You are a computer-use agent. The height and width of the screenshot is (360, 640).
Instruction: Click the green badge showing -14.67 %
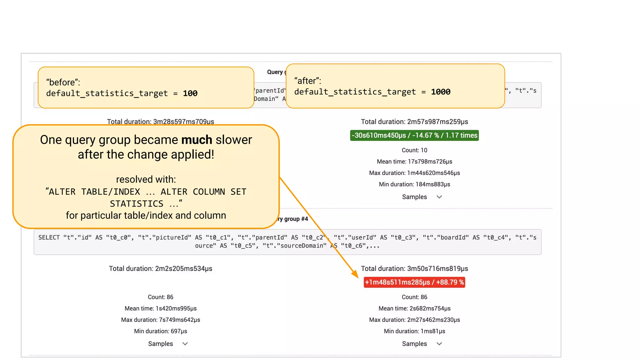(x=414, y=135)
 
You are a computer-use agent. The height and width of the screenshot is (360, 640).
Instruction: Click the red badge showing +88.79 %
(x=414, y=282)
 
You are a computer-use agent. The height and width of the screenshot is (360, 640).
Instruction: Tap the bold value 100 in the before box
(x=190, y=93)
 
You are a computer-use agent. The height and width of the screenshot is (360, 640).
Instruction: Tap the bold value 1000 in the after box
(x=441, y=92)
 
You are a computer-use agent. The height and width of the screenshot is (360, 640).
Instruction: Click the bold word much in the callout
(x=197, y=140)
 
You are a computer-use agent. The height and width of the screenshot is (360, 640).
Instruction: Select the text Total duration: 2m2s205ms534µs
(x=160, y=268)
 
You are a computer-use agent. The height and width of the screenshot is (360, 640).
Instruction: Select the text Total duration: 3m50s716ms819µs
(x=414, y=268)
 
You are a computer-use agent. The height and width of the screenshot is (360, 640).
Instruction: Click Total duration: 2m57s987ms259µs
(x=414, y=122)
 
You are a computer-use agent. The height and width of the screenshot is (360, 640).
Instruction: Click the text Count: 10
(x=414, y=150)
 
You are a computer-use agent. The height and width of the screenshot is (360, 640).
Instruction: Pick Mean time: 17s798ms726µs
(x=414, y=162)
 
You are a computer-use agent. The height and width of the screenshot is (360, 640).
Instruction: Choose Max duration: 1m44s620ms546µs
(x=414, y=173)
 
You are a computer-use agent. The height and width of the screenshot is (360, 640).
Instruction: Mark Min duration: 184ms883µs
(x=414, y=184)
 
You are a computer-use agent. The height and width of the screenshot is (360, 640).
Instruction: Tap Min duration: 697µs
(x=160, y=331)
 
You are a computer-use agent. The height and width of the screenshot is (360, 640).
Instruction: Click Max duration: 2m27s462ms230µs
(x=414, y=320)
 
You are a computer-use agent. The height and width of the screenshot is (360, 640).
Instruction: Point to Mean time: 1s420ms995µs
(x=160, y=308)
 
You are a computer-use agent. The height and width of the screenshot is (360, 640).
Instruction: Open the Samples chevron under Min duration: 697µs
(x=185, y=344)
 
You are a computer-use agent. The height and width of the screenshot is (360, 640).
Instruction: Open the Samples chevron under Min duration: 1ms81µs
(x=439, y=344)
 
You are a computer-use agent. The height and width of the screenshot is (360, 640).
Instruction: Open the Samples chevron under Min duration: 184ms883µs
(x=439, y=197)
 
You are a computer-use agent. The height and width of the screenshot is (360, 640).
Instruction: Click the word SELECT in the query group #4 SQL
(x=49, y=237)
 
